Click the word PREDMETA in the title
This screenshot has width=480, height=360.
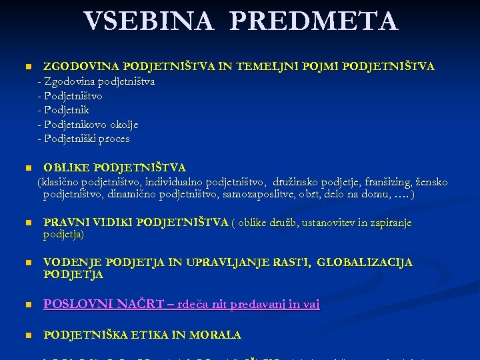315,21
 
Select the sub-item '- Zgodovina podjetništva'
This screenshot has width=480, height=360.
97,81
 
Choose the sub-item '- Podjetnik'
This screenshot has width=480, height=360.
64,110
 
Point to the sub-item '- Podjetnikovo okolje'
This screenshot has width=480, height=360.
88,125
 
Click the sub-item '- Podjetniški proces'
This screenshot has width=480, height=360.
84,139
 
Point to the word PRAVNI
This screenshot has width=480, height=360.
63,223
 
